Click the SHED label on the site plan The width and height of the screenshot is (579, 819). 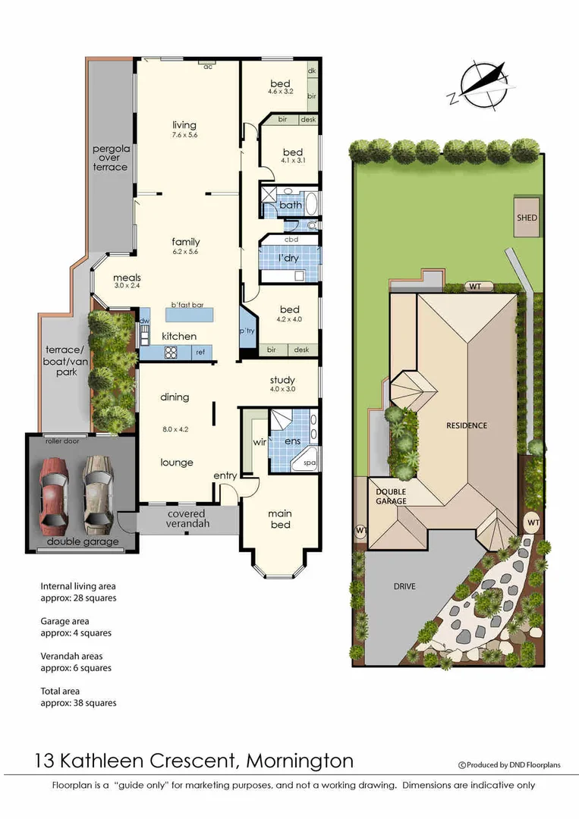tap(527, 218)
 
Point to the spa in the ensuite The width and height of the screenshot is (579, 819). tap(310, 461)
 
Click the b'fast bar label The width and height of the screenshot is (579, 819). tap(187, 304)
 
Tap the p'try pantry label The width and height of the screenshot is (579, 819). tap(247, 331)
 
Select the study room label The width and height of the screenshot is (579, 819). tap(282, 380)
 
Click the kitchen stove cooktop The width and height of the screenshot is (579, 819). tap(171, 352)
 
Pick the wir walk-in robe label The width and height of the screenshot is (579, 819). tap(257, 441)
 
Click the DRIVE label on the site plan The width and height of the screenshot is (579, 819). tap(405, 586)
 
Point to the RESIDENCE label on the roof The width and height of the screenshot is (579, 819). tap(466, 425)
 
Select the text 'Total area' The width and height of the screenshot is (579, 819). tap(60, 691)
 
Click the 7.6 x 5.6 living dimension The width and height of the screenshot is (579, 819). tap(184, 135)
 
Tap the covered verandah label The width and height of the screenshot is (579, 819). tap(187, 519)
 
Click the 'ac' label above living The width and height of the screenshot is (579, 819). tap(206, 66)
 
